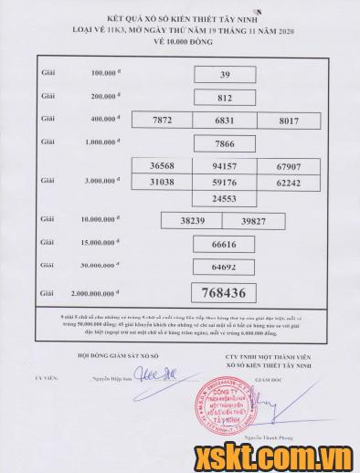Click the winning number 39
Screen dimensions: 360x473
pos(225,74)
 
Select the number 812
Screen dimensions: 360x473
pos(225,97)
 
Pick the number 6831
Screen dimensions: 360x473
pos(225,121)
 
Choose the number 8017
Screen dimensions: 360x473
pos(287,121)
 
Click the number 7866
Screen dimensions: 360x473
pos(225,143)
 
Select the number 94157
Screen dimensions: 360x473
pos(225,167)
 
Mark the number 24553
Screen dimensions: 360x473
pos(225,198)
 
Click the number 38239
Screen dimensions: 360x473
pos(192,221)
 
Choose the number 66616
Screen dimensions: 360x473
pos(225,245)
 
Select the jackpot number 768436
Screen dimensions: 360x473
pos(225,292)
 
